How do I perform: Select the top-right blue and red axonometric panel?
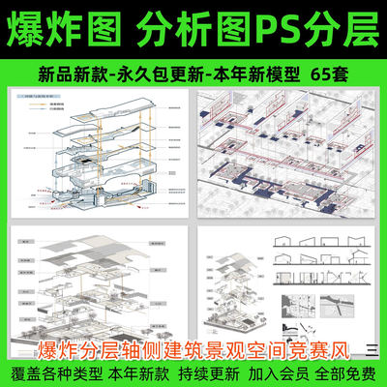click(x=291, y=156)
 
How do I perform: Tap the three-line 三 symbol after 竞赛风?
click(x=372, y=348)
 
